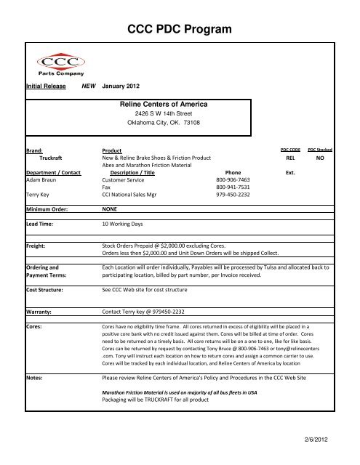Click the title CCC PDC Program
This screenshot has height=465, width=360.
[x=179, y=29]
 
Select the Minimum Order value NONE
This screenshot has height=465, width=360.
[x=111, y=228]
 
